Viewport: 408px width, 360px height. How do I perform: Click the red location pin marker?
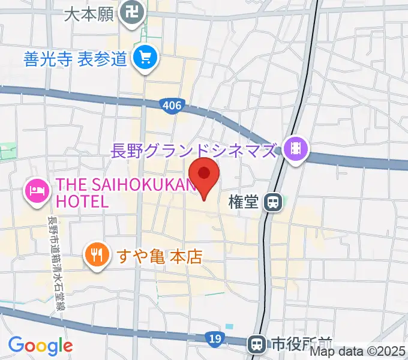(204, 175)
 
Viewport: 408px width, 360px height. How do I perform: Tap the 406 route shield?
(172, 106)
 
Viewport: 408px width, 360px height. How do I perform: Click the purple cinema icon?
(295, 146)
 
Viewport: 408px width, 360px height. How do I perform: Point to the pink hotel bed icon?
(37, 191)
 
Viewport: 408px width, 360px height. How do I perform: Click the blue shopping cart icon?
(145, 58)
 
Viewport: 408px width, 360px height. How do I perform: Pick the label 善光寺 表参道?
(76, 59)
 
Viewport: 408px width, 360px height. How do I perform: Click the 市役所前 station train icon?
(257, 344)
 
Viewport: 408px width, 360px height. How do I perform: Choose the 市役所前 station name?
(295, 344)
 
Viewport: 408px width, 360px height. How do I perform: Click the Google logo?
(40, 346)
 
